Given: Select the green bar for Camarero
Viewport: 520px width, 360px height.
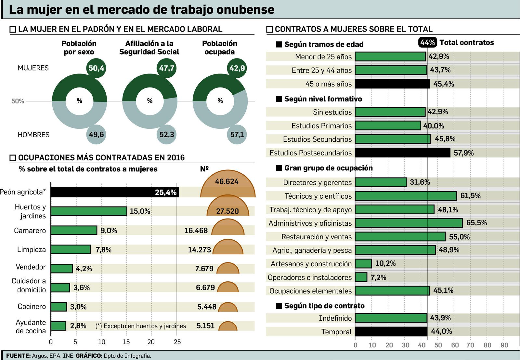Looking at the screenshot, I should click(74, 230).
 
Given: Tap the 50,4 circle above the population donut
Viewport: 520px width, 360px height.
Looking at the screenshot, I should click(96, 68).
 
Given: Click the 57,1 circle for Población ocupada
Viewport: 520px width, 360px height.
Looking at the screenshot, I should click(237, 134).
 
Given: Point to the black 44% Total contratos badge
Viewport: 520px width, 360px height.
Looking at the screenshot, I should click(427, 42).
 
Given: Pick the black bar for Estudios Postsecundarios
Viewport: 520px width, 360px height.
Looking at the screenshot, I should click(402, 153).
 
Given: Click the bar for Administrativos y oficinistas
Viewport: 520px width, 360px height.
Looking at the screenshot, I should click(409, 223).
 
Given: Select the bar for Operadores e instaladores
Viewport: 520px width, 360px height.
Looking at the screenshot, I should click(361, 277).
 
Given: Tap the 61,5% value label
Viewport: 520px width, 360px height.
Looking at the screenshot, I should click(470, 195).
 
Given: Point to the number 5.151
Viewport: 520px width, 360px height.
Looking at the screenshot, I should click(205, 326).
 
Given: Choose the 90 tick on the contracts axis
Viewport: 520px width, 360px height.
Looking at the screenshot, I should click(504, 345).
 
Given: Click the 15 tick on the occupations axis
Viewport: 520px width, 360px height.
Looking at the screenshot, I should click(126, 342).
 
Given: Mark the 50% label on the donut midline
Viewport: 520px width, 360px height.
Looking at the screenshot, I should click(18, 101).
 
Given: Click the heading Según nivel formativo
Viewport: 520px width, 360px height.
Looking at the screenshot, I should click(323, 99).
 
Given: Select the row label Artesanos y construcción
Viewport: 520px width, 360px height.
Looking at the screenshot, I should click(311, 264).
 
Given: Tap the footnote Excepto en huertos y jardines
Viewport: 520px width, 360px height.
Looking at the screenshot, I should click(141, 326).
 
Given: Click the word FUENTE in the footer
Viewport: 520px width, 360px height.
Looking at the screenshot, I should click(18, 356).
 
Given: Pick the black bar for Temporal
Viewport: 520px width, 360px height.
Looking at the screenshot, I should click(391, 331).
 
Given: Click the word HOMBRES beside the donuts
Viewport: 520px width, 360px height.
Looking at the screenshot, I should click(33, 135).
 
